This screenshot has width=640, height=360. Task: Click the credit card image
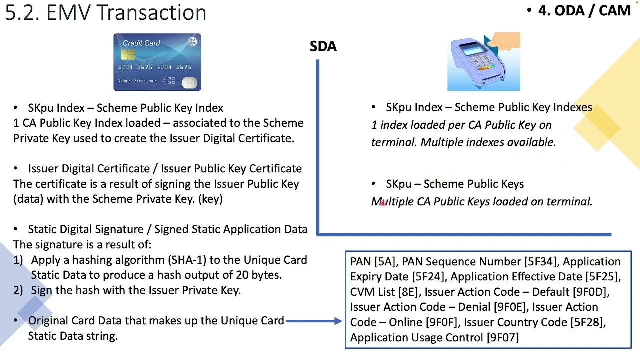click(157, 62)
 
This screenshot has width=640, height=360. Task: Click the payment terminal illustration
click(483, 62)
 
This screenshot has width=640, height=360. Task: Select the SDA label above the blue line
click(323, 46)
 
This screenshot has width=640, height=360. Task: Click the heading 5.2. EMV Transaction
click(105, 12)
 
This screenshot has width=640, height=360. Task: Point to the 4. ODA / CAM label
click(584, 10)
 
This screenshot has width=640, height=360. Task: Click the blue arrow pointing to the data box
click(313, 321)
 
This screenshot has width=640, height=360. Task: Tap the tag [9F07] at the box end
click(502, 338)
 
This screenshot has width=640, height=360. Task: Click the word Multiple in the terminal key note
click(392, 202)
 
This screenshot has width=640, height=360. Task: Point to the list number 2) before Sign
click(18, 291)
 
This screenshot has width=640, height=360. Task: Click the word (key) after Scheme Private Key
click(210, 199)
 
